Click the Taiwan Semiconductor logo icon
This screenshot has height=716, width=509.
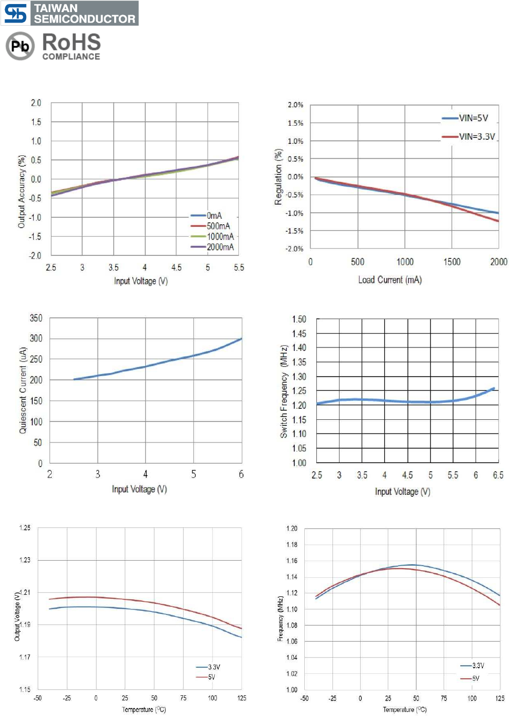[x=15, y=14]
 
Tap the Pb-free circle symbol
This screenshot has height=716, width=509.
[x=20, y=46]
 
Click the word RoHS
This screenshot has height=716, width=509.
[x=71, y=42]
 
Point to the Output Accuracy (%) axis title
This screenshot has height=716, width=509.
[x=22, y=192]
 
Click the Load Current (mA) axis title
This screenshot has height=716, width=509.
[x=390, y=280]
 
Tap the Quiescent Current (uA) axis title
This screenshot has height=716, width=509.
[x=23, y=391]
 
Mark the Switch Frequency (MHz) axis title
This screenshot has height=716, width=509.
[x=284, y=391]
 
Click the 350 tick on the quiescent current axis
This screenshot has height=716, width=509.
[x=36, y=318]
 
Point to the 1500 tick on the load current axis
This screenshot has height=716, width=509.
[x=452, y=261]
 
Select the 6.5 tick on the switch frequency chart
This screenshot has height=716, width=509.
[x=498, y=475]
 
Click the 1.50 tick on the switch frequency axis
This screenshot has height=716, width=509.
[x=299, y=319]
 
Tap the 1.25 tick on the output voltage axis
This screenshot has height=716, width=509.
[x=25, y=527]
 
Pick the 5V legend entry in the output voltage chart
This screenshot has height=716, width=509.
[x=211, y=677]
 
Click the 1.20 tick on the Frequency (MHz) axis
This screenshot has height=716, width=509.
[x=292, y=528]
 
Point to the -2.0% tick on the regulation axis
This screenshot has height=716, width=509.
[x=295, y=249]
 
